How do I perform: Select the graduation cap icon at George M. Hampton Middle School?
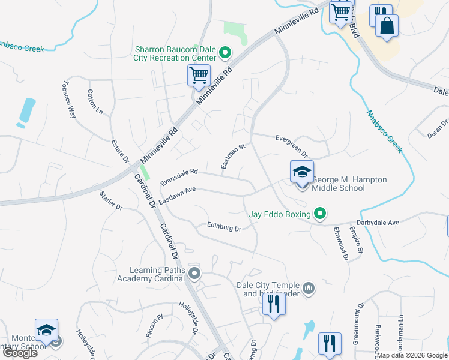[302, 172]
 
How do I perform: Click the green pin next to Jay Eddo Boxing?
[320, 214]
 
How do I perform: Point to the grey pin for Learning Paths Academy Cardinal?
[194, 274]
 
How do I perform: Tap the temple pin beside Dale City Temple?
[309, 289]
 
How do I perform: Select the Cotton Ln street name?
[95, 102]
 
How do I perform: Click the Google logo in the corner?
[20, 353]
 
